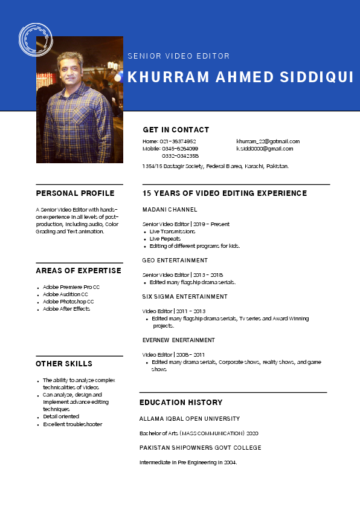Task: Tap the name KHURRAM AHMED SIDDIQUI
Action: (x=240, y=77)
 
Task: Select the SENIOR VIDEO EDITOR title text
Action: (x=179, y=56)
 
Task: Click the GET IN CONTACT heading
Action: (x=176, y=130)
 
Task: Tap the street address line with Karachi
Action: (x=216, y=166)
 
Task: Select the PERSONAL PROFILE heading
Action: (x=75, y=193)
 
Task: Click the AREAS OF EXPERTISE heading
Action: (x=79, y=270)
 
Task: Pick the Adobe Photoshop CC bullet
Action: (x=68, y=302)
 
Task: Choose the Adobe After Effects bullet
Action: (x=66, y=309)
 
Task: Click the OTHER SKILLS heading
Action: (x=64, y=364)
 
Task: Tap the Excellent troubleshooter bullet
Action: (x=72, y=424)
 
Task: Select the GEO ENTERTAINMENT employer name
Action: (x=175, y=261)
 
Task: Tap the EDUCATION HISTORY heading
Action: (x=181, y=403)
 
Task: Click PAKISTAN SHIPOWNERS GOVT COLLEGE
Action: (x=201, y=448)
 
